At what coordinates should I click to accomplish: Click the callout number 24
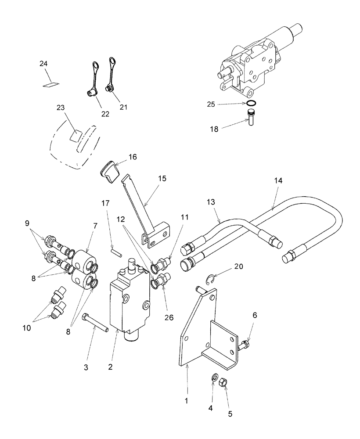pyautogui.click(x=43, y=64)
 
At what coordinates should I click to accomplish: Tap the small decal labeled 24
pyautogui.click(x=51, y=84)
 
